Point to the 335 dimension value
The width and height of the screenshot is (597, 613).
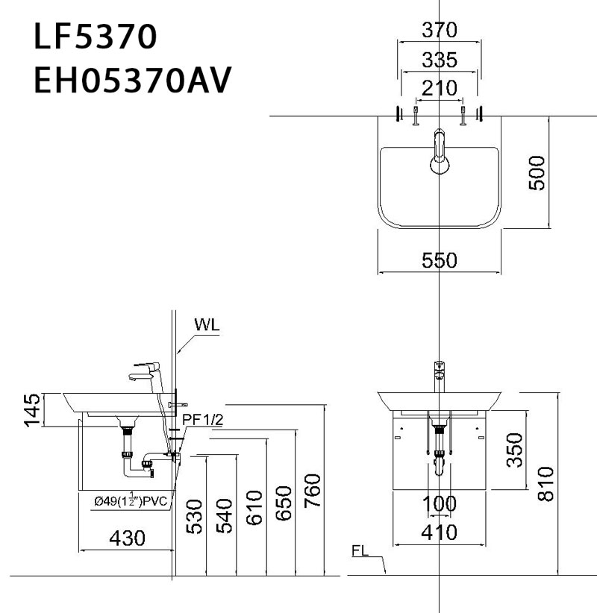pyautogui.click(x=440, y=59)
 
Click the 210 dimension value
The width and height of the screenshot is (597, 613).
pyautogui.click(x=440, y=87)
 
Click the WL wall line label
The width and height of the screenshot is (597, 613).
pyautogui.click(x=208, y=326)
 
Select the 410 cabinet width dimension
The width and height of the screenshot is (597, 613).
pyautogui.click(x=440, y=532)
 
